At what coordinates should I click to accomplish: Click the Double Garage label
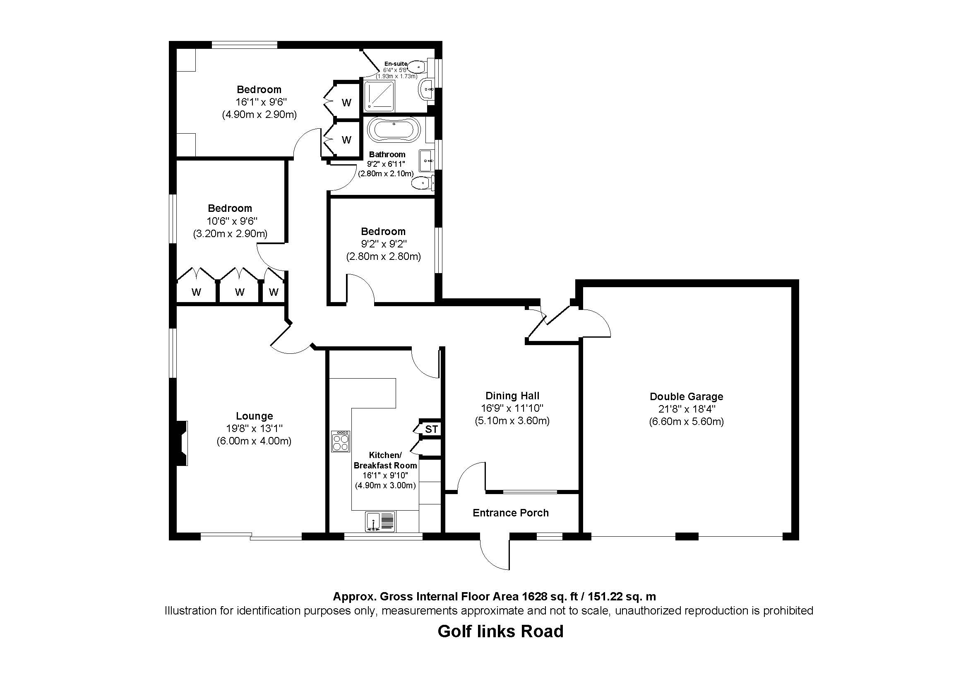pyautogui.click(x=686, y=396)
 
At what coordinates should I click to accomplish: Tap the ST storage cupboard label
pyautogui.click(x=431, y=429)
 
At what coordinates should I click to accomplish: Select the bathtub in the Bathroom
pyautogui.click(x=394, y=130)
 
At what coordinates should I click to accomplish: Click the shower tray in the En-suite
pyautogui.click(x=380, y=96)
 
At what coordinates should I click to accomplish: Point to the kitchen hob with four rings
pyautogui.click(x=340, y=441)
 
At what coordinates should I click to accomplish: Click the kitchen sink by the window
pyautogui.click(x=381, y=521)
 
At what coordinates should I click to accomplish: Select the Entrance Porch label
pyautogui.click(x=510, y=513)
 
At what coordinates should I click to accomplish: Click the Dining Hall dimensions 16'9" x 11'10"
pyautogui.click(x=512, y=408)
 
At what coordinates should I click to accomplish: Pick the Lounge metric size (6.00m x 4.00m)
pyautogui.click(x=254, y=441)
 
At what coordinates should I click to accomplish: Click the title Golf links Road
pyautogui.click(x=500, y=631)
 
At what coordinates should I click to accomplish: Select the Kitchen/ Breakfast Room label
pyautogui.click(x=385, y=460)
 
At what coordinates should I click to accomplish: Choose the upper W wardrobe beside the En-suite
pyautogui.click(x=346, y=102)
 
